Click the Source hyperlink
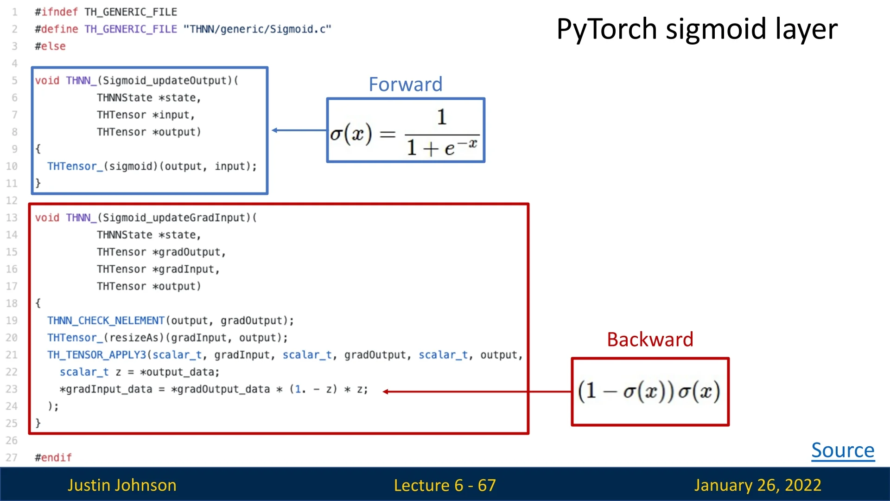point(843,450)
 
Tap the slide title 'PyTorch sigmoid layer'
point(697,29)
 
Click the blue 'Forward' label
point(406,84)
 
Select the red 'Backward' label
point(650,340)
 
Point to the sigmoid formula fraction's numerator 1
point(442,117)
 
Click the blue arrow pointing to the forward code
point(299,130)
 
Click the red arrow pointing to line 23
point(477,392)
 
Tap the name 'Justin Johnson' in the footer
point(122,485)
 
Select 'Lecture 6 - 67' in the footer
point(445,485)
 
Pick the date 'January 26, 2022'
point(757,485)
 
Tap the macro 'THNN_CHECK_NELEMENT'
point(106,321)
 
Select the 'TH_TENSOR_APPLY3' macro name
point(96,355)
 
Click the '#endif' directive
point(53,458)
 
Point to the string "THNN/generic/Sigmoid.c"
point(257,29)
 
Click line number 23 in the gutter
point(12,389)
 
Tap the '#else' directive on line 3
point(50,46)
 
